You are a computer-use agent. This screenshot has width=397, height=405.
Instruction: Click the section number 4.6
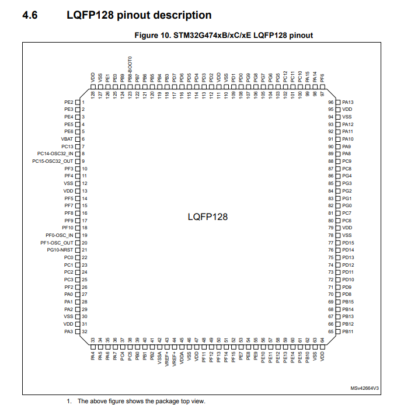[29, 15]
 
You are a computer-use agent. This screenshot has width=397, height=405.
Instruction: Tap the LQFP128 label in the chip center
[207, 217]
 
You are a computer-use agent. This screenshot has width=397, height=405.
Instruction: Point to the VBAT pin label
[67, 139]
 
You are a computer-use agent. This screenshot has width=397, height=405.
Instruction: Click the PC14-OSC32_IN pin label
[55, 153]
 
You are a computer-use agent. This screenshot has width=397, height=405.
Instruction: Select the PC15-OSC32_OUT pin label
[53, 161]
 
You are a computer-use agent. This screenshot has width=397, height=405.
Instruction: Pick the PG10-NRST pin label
[60, 250]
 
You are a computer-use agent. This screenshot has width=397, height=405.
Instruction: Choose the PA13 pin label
[348, 102]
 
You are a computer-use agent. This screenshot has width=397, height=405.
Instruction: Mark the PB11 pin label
[348, 331]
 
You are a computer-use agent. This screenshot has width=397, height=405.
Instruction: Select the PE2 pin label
[68, 102]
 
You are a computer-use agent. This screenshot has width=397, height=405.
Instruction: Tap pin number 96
[330, 102]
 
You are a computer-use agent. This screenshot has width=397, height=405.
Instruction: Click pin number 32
[85, 331]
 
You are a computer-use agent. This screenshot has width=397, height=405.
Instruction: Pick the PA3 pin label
[68, 331]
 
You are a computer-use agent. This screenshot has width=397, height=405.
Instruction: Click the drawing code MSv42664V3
[364, 388]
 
